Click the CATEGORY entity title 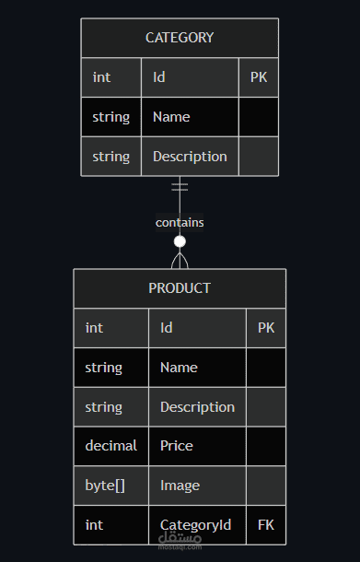pyautogui.click(x=180, y=38)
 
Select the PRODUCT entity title pyautogui.click(x=180, y=288)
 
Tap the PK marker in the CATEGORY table pyautogui.click(x=259, y=77)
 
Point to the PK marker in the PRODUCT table pyautogui.click(x=266, y=328)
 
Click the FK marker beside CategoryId pyautogui.click(x=266, y=525)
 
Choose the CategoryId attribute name pyautogui.click(x=195, y=525)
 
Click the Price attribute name pyautogui.click(x=176, y=446)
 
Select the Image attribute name pyautogui.click(x=180, y=486)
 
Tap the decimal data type pyautogui.click(x=111, y=446)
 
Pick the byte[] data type pyautogui.click(x=105, y=486)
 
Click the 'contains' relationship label pyautogui.click(x=180, y=223)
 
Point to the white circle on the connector pyautogui.click(x=180, y=241)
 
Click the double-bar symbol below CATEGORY pyautogui.click(x=180, y=187)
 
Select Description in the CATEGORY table pyautogui.click(x=190, y=157)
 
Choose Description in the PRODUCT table pyautogui.click(x=197, y=407)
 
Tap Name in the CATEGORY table pyautogui.click(x=171, y=117)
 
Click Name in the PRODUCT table pyautogui.click(x=179, y=368)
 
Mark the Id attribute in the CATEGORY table pyautogui.click(x=159, y=77)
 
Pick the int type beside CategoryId pyautogui.click(x=94, y=525)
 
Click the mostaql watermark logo pyautogui.click(x=180, y=540)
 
